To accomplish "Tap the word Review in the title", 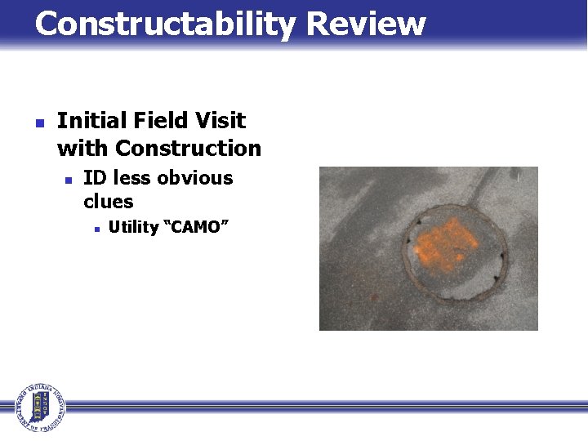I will pyautogui.click(x=365, y=24).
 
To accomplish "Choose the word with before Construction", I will pyautogui.click(x=82, y=149).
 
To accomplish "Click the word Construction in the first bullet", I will pyautogui.click(x=188, y=149).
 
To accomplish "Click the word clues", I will pyautogui.click(x=108, y=201).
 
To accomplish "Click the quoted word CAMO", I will pyautogui.click(x=193, y=227).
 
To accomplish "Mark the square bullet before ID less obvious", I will pyautogui.click(x=69, y=180).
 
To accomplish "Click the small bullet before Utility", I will pyautogui.click(x=96, y=229).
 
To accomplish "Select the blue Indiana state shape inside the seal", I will pyautogui.click(x=38, y=407).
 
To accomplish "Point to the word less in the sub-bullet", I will pyautogui.click(x=133, y=178).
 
